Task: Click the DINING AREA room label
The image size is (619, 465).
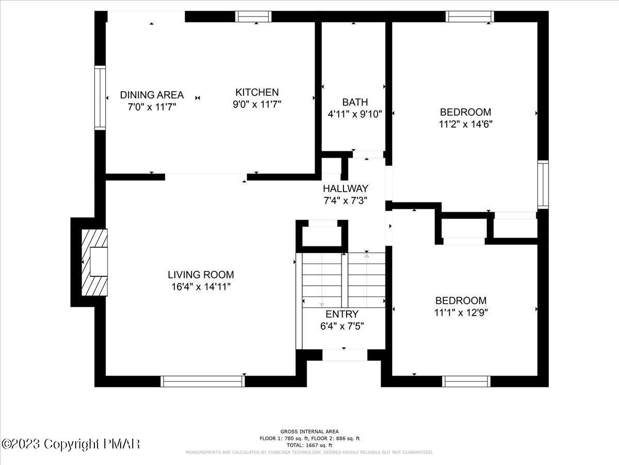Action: tap(152, 95)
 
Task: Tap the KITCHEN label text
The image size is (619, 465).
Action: tap(257, 92)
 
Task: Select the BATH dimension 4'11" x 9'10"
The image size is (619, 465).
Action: tap(355, 114)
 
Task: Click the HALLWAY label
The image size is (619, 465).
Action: tap(346, 188)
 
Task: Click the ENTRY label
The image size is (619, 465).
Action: tap(341, 314)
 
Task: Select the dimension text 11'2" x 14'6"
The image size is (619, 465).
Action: tap(465, 124)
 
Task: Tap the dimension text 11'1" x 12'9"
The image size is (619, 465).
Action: tap(461, 312)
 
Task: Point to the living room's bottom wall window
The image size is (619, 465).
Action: tap(202, 381)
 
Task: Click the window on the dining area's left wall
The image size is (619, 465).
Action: tap(100, 98)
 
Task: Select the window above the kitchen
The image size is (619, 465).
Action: tap(253, 17)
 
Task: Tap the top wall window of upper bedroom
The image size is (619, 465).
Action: tap(470, 17)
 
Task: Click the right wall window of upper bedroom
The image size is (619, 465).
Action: tap(543, 184)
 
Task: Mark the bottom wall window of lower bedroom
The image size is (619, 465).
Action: tap(466, 381)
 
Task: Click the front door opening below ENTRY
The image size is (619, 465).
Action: tap(345, 355)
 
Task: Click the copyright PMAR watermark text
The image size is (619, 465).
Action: tap(71, 444)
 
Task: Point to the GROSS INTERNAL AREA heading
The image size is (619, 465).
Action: tap(309, 431)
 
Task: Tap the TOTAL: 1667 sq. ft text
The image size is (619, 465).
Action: tap(309, 445)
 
